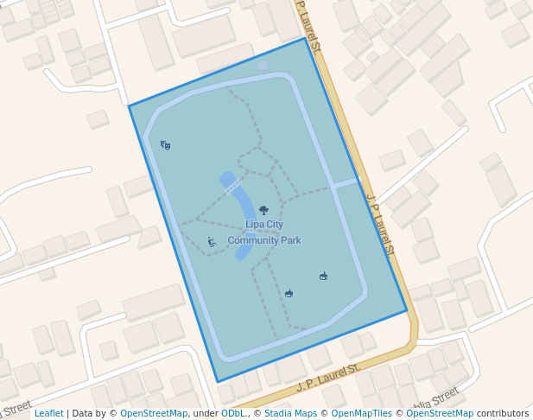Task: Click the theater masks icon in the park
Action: [166, 145]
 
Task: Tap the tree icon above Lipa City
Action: [263, 210]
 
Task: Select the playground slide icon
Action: [212, 242]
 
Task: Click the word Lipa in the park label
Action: [253, 225]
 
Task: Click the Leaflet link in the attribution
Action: [48, 414]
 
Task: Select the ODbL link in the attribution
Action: [232, 414]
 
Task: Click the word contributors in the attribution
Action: [502, 414]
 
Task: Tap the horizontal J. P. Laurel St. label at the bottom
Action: [328, 377]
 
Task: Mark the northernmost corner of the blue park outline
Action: [305, 38]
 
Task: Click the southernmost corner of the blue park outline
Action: [218, 381]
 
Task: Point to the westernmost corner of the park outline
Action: [130, 106]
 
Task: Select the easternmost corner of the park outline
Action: [406, 310]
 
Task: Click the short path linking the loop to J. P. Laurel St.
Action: [345, 183]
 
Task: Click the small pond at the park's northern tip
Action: [263, 65]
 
